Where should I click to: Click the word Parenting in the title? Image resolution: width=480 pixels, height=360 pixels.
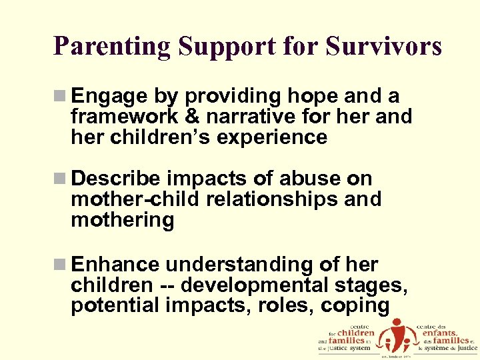(x=113, y=47)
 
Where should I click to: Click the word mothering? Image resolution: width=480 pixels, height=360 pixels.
(x=122, y=219)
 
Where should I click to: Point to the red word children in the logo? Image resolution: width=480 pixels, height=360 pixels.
(x=356, y=332)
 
